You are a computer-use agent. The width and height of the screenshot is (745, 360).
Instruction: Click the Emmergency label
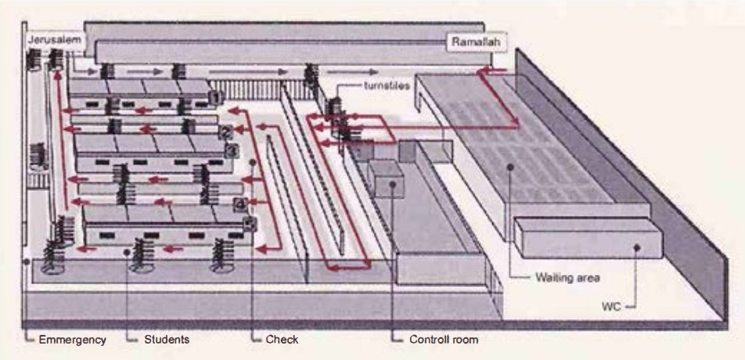71,340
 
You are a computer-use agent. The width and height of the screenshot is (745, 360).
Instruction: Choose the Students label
167,340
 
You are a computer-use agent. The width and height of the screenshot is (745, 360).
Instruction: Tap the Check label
282,340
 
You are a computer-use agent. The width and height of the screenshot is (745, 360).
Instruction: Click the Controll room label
443,340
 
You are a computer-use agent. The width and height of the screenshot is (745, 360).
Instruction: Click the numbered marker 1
215,96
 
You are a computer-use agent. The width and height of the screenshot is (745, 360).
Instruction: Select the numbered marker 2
225,131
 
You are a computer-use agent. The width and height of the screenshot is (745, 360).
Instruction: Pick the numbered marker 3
232,149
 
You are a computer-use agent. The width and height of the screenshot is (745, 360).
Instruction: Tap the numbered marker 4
239,205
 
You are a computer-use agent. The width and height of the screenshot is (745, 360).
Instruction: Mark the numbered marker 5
250,224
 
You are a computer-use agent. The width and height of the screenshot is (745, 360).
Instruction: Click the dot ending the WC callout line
637,247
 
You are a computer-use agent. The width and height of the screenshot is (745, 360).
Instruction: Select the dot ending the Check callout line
253,163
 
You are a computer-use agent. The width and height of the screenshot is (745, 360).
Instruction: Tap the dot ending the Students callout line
127,252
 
